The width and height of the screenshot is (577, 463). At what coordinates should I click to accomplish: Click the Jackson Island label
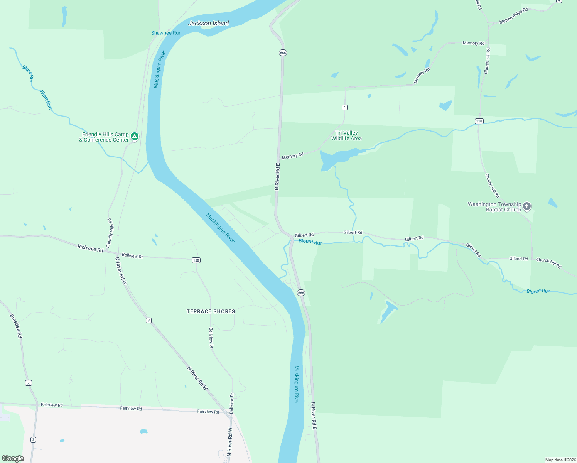coord(208,23)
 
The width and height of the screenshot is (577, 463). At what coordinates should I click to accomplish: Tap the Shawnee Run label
coord(166,33)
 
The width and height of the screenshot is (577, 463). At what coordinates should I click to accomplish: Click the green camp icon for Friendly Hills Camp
coord(135,136)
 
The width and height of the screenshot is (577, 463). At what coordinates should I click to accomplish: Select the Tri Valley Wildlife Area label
coord(346,135)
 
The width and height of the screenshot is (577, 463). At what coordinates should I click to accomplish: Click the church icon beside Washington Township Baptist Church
coord(527,206)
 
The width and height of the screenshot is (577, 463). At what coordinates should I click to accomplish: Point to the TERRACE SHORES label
coord(211,311)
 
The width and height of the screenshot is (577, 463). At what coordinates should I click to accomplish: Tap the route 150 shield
coord(196,260)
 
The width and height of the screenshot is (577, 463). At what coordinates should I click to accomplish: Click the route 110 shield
coord(479,121)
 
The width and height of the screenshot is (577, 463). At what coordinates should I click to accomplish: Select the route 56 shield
coord(29,383)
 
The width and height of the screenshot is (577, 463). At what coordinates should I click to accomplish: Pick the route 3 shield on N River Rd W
coord(148,320)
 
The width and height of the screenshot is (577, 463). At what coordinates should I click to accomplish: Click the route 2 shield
coord(34,439)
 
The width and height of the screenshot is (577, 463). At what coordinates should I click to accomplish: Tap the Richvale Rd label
coord(90,248)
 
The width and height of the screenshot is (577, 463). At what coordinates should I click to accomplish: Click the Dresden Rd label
coord(16,326)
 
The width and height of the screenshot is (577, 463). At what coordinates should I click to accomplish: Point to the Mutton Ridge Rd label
coord(513,16)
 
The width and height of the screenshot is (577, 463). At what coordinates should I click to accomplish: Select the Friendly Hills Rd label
coord(110,233)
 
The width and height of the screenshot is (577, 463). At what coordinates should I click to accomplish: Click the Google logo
coord(13,458)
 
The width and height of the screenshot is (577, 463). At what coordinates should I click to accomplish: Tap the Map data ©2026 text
coord(560,460)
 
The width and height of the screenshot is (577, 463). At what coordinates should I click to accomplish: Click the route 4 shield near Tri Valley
coord(344,107)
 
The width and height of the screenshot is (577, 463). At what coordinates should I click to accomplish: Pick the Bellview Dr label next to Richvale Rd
coord(132,255)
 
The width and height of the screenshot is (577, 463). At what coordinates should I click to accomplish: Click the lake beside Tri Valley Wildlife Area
coord(336,158)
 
